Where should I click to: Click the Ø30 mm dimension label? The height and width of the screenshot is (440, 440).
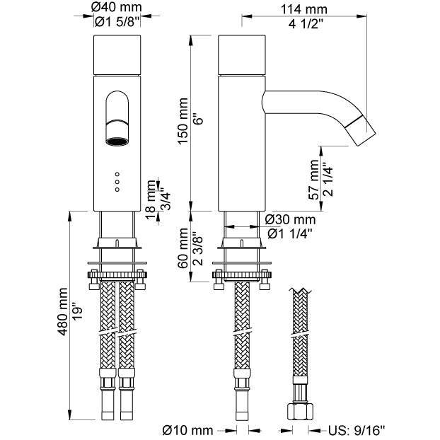290,219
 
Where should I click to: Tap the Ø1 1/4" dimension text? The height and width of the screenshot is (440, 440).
290,233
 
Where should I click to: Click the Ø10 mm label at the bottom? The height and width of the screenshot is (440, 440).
187,429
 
